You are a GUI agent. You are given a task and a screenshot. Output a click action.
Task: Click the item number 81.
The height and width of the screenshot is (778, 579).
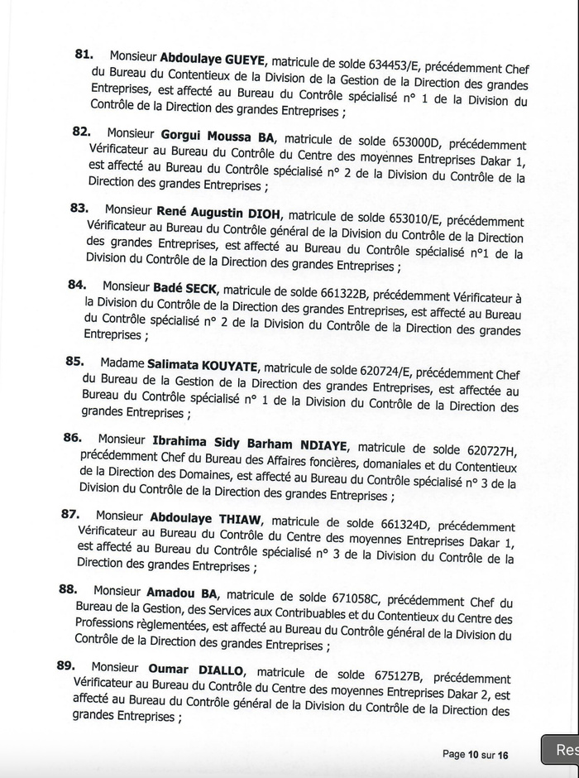(x=83, y=54)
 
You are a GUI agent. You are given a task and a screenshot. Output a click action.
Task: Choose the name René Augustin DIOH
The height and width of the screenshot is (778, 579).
(x=218, y=212)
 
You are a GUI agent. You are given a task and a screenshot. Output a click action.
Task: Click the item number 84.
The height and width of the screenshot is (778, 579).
(x=76, y=285)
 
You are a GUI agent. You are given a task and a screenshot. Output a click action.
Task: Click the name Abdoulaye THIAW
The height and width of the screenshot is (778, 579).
(x=205, y=518)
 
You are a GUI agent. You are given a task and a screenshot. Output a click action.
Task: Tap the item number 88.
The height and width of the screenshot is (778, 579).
(x=68, y=588)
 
